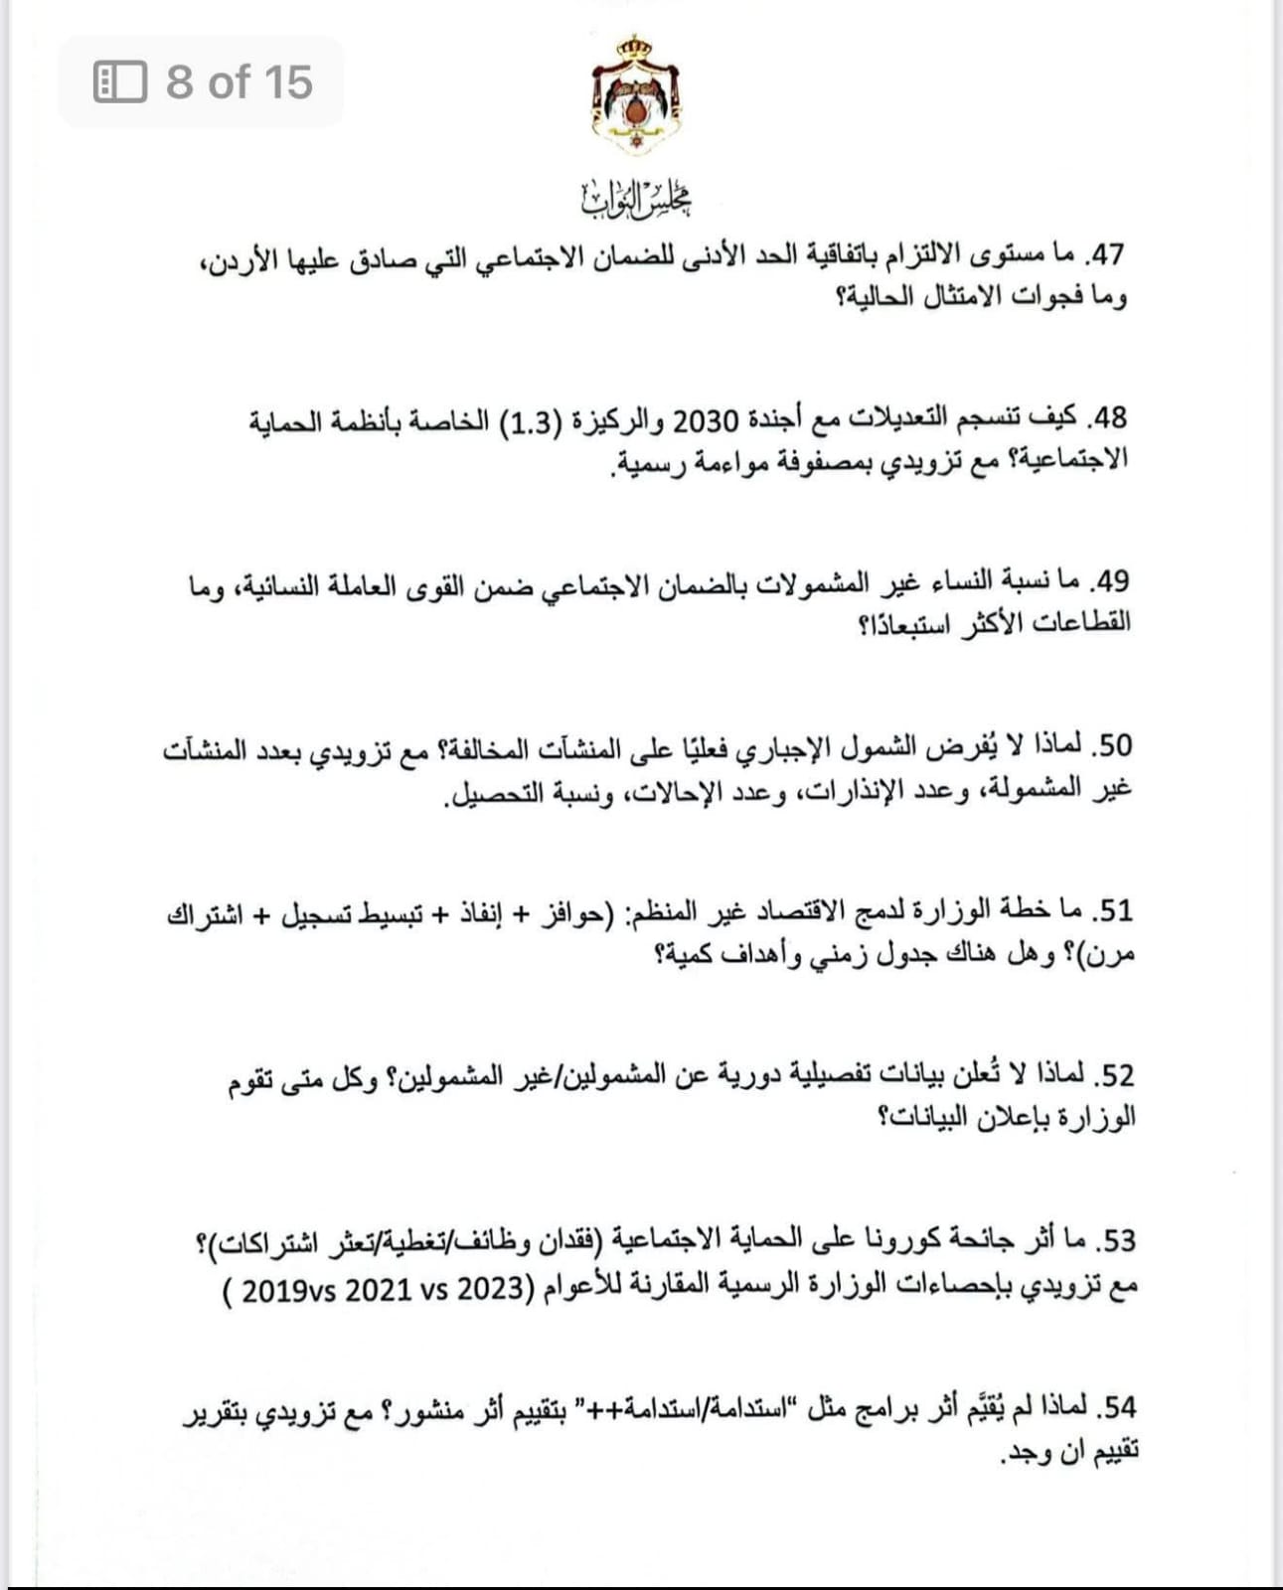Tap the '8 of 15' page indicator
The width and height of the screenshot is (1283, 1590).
tap(239, 82)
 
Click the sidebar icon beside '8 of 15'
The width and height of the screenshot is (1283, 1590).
tap(120, 82)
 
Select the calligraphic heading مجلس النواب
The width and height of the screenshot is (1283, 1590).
tap(636, 199)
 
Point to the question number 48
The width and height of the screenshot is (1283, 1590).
tap(1107, 417)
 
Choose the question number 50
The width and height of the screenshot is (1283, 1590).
tap(1111, 745)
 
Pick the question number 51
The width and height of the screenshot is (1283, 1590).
tap(1113, 910)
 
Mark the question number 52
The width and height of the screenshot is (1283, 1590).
tap(1114, 1075)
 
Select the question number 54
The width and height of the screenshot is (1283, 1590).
tap(1117, 1406)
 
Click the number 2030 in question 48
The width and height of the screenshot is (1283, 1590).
tap(705, 419)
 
